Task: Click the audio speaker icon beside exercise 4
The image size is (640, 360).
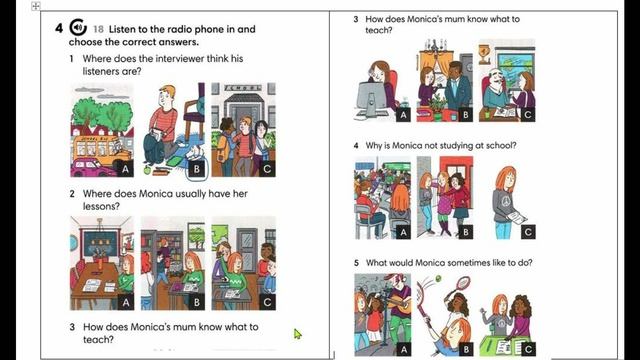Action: [78, 27]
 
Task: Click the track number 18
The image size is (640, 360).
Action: [98, 29]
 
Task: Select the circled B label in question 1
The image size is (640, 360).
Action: [197, 169]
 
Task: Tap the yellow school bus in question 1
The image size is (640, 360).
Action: [101, 149]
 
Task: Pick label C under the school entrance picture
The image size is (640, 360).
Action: [267, 169]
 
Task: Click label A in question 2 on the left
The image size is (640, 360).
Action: [126, 302]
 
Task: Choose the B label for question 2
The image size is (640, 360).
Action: [197, 302]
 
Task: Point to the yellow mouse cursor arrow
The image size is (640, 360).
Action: [298, 334]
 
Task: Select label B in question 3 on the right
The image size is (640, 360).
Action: [465, 115]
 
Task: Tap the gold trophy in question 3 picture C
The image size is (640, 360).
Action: [484, 53]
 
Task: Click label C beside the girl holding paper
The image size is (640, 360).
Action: [528, 232]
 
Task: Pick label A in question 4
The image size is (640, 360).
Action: [403, 232]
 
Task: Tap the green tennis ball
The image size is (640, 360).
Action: [438, 279]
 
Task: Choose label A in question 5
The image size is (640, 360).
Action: [403, 349]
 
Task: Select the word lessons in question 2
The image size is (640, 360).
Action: [101, 206]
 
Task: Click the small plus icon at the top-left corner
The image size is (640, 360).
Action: [36, 6]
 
